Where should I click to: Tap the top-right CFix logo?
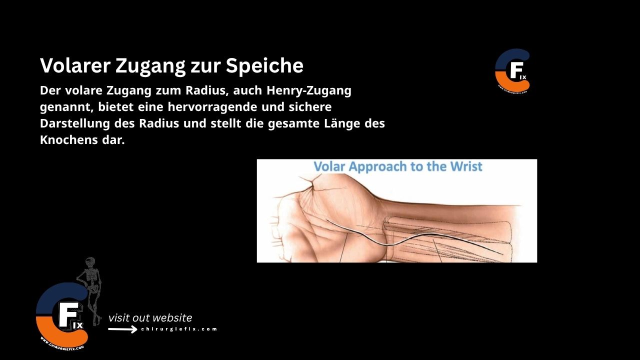click(x=512, y=70)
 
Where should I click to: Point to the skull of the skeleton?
click(x=89, y=262)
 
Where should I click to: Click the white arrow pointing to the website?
click(x=122, y=329)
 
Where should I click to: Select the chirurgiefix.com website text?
click(x=179, y=329)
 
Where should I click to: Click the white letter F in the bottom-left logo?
click(x=66, y=315)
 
